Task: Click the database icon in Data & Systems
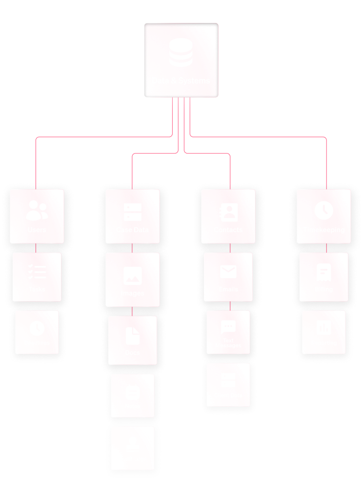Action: (x=181, y=53)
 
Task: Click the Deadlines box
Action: (x=37, y=332)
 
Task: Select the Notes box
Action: (x=133, y=395)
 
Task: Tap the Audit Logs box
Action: (x=133, y=448)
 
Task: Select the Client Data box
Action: (x=228, y=385)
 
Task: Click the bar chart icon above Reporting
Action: (x=323, y=327)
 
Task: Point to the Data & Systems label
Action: (x=181, y=81)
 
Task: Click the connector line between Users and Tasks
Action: (x=37, y=248)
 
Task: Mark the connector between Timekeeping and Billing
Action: (x=326, y=248)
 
